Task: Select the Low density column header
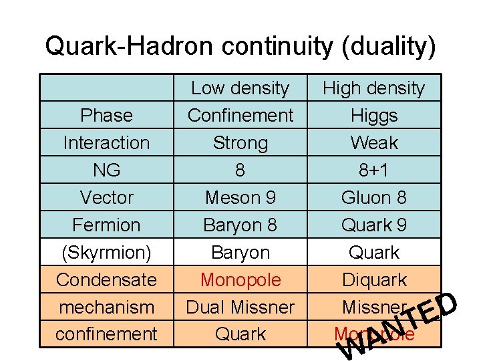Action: tap(240, 88)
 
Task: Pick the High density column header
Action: tap(373, 88)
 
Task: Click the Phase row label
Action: tap(106, 115)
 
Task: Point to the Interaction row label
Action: tap(106, 142)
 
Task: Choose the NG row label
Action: tap(106, 170)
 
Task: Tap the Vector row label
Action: tap(106, 197)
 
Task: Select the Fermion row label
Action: tap(106, 225)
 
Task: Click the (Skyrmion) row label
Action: tap(106, 252)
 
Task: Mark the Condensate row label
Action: tap(106, 279)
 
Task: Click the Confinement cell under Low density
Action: tap(240, 115)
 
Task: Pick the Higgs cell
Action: tap(373, 115)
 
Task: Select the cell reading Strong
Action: tap(240, 142)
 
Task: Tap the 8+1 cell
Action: tap(373, 170)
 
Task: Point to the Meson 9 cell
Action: tap(240, 197)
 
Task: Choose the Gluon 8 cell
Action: tap(373, 197)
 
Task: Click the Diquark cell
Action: tap(373, 279)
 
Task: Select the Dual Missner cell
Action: tap(240, 307)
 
